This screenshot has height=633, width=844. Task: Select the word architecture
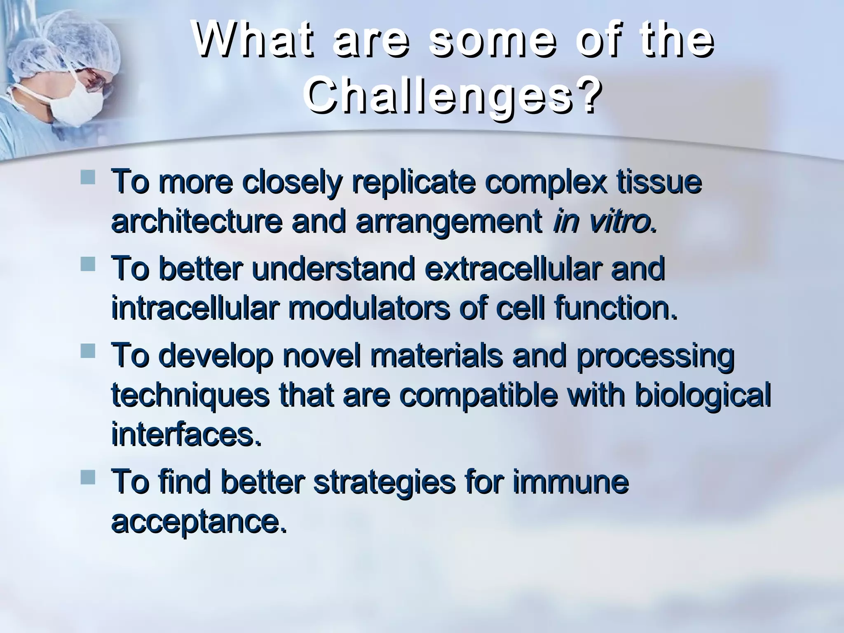(197, 223)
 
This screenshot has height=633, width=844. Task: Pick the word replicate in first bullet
(413, 183)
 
